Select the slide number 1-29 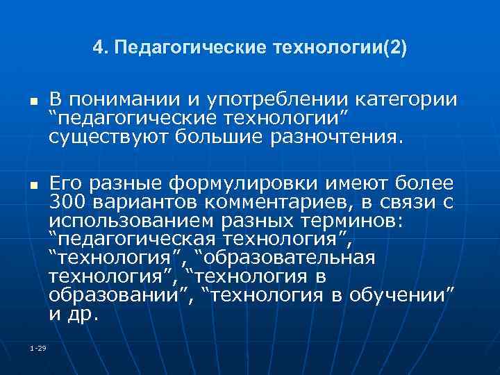pyautogui.click(x=38, y=347)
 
